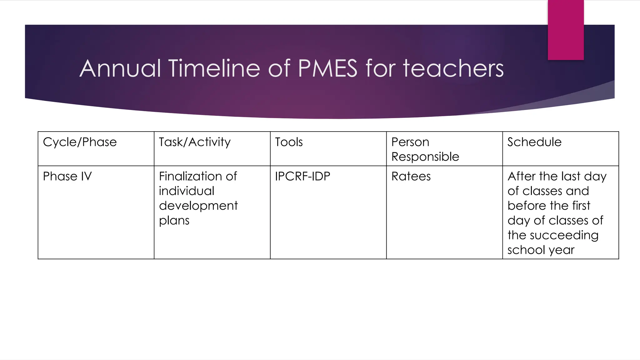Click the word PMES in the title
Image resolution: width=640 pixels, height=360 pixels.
pyautogui.click(x=327, y=68)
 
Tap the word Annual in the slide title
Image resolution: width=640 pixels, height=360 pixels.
pyautogui.click(x=120, y=68)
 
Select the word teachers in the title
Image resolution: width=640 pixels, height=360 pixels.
pyautogui.click(x=453, y=68)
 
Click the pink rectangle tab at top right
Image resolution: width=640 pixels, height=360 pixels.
pyautogui.click(x=566, y=30)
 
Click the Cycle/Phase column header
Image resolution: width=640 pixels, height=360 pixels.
pyautogui.click(x=80, y=142)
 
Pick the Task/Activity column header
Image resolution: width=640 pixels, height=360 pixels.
pyautogui.click(x=195, y=142)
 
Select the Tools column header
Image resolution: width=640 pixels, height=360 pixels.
pyautogui.click(x=289, y=142)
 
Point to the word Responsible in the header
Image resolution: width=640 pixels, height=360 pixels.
pyautogui.click(x=425, y=157)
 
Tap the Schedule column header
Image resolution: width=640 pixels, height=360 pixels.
pyautogui.click(x=534, y=142)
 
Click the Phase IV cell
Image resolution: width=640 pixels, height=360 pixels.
pyautogui.click(x=67, y=176)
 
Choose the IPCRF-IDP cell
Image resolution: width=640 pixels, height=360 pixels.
pyautogui.click(x=302, y=176)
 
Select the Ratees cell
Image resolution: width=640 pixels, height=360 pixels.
pyautogui.click(x=411, y=176)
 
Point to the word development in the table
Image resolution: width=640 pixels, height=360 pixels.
pyautogui.click(x=198, y=206)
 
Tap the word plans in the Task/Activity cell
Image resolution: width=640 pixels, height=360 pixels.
pyautogui.click(x=174, y=221)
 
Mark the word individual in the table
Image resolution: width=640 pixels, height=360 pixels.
pyautogui.click(x=187, y=191)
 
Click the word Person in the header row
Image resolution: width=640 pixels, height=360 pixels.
pyautogui.click(x=410, y=142)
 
